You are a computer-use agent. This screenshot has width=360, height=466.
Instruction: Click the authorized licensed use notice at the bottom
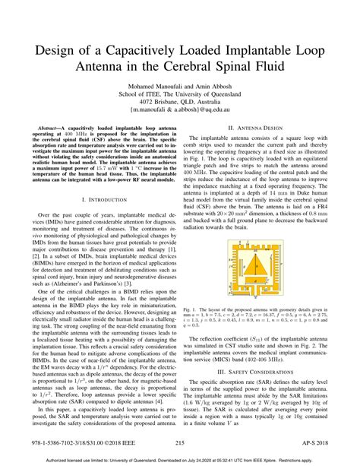[180, 458]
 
